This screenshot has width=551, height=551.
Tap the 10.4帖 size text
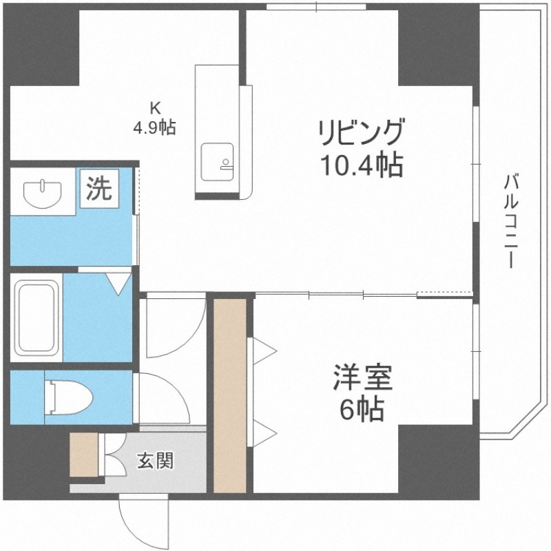[359, 165]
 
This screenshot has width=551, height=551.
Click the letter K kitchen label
[156, 107]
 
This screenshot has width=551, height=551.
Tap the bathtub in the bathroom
[37, 315]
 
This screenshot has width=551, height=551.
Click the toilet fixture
[68, 397]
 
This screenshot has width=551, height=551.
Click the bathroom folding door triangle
[118, 282]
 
